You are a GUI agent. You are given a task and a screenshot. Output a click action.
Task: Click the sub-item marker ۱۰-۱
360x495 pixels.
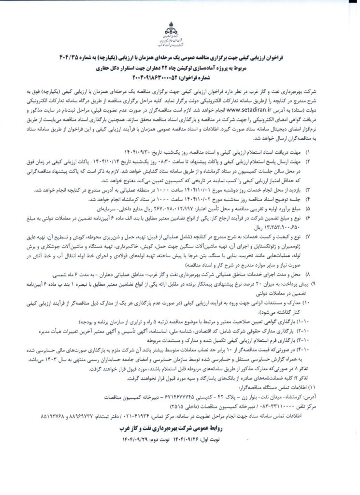tap(308, 320)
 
